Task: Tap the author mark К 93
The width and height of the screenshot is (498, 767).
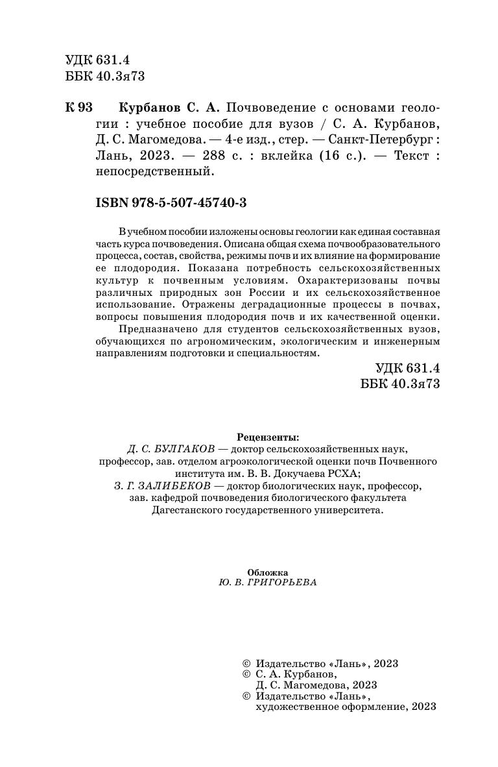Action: click(79, 107)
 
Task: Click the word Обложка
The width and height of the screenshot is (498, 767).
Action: click(267, 572)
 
